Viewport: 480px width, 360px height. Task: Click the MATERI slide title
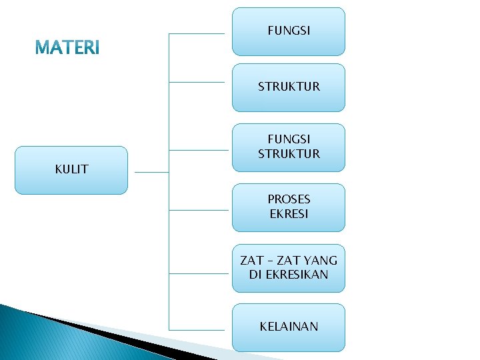point(67,48)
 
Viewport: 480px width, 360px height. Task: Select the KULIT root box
point(71,170)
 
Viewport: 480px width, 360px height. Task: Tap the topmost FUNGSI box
point(289,31)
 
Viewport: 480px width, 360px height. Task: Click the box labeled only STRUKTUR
point(289,87)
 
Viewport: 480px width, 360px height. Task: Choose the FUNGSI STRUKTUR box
point(289,147)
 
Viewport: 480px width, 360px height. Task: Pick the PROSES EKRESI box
point(289,207)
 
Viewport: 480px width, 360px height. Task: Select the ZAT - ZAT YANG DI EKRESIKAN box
point(289,268)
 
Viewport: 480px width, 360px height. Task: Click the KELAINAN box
point(289,327)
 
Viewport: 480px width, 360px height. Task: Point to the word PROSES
point(289,199)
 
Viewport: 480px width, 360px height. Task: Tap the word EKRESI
point(289,215)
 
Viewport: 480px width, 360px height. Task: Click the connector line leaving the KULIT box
point(151,172)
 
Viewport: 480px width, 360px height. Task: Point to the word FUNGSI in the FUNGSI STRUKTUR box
point(289,139)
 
